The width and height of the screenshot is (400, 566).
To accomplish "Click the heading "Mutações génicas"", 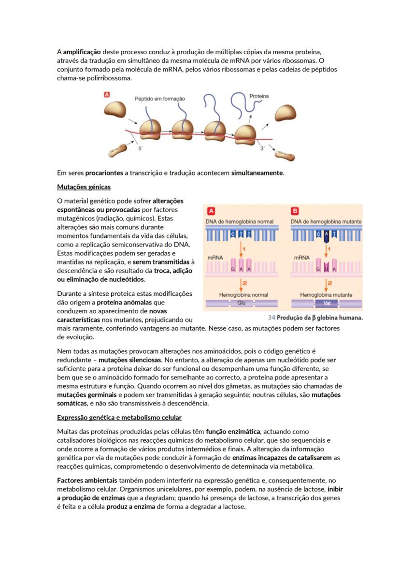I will (84, 187).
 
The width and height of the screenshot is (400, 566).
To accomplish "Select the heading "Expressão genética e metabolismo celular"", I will (119, 417).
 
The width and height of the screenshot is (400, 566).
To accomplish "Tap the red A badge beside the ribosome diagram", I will (107, 95).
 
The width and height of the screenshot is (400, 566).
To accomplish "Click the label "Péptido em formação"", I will (159, 99).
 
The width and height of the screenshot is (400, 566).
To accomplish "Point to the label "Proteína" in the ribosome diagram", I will (259, 96).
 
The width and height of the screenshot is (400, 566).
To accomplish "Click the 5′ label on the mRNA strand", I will (141, 149).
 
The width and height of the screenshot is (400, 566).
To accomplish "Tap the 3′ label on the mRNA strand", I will (262, 149).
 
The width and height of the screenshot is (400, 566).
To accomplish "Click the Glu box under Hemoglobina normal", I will (242, 303).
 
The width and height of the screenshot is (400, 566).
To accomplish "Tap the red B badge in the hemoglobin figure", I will (295, 211).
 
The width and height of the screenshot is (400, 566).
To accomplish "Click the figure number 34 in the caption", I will (271, 318).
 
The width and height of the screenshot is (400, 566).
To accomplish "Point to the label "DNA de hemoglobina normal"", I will (240, 221).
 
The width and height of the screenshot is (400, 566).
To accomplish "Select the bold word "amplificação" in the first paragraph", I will (82, 52).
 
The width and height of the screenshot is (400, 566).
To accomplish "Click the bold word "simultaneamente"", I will (257, 173).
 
